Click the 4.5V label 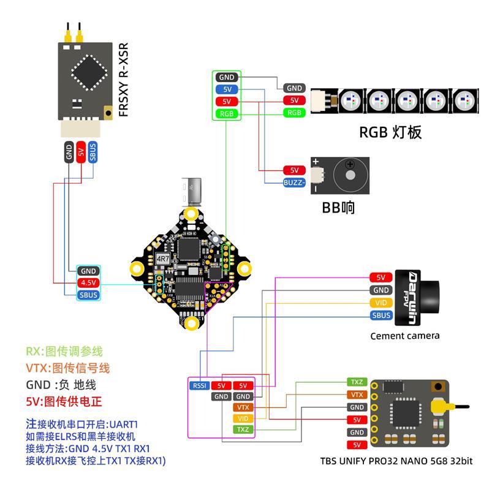tap(88, 282)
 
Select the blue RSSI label tap(199, 385)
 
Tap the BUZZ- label tap(293, 182)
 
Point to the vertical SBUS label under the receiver tap(93, 151)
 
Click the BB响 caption tap(338, 207)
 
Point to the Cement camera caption tap(405, 336)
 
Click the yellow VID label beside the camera tap(380, 303)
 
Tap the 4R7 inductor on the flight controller tap(163, 259)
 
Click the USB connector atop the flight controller tap(194, 192)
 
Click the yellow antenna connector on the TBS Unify tap(438, 406)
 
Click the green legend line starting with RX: tap(64, 352)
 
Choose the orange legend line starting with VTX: tap(67, 368)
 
